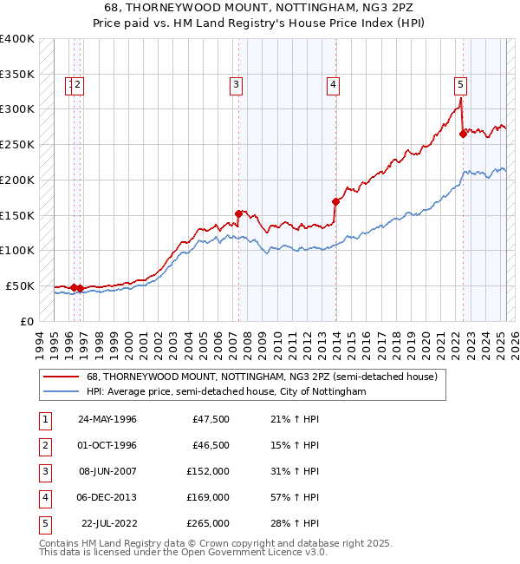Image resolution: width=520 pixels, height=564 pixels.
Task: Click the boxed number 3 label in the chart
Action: tap(236, 84)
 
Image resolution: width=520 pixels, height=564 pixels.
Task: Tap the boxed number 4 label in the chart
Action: tap(333, 84)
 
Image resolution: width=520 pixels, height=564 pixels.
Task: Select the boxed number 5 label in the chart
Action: tap(460, 84)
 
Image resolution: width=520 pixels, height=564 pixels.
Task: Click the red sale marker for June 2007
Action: tap(238, 213)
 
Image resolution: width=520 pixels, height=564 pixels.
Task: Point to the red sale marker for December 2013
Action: tap(335, 201)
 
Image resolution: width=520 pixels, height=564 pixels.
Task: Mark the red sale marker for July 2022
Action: tap(463, 133)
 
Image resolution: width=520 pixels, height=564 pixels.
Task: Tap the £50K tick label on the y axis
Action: tap(20, 285)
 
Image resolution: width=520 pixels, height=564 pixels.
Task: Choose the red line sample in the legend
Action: tap(61, 377)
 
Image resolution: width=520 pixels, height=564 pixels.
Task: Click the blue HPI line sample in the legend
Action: tap(61, 392)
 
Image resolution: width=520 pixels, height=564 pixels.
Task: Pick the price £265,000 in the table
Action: tap(208, 523)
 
